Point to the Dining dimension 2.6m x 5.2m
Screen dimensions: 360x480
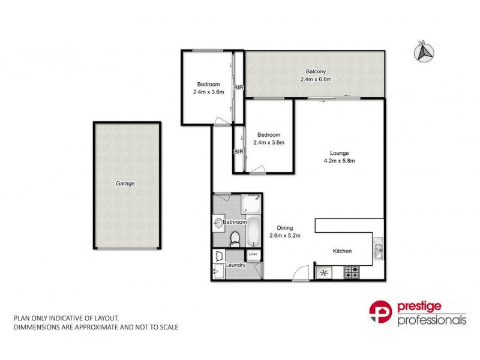pyautogui.click(x=284, y=235)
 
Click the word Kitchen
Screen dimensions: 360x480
pyautogui.click(x=342, y=251)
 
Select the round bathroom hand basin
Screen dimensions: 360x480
pyautogui.click(x=217, y=223)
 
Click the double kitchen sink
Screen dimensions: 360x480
pyautogui.click(x=378, y=250)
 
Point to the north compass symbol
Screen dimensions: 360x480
pyautogui.click(x=424, y=52)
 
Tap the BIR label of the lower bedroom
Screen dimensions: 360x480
pyautogui.click(x=238, y=151)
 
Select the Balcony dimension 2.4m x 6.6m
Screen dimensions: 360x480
pyautogui.click(x=316, y=79)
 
